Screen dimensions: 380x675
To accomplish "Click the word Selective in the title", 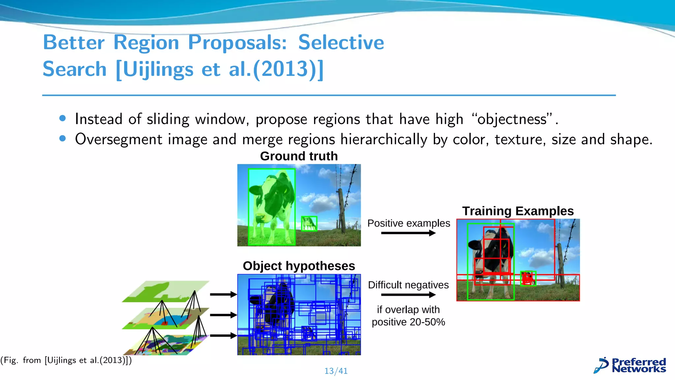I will click(x=341, y=43).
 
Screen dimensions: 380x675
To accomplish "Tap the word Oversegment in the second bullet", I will click(x=118, y=140).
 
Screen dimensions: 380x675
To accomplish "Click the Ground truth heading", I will click(x=299, y=156).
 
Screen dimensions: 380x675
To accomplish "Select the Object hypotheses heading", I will click(x=299, y=266).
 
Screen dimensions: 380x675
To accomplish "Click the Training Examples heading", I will click(x=517, y=211).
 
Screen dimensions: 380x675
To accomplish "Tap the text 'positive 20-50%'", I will click(x=408, y=322).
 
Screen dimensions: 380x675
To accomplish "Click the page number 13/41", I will click(x=336, y=371).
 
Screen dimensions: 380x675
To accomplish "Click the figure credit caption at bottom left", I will click(x=66, y=360).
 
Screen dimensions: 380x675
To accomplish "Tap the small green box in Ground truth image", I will click(x=309, y=224).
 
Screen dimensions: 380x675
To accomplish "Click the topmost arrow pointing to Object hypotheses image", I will click(x=223, y=294).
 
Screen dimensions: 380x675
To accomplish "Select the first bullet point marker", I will click(x=63, y=118).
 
